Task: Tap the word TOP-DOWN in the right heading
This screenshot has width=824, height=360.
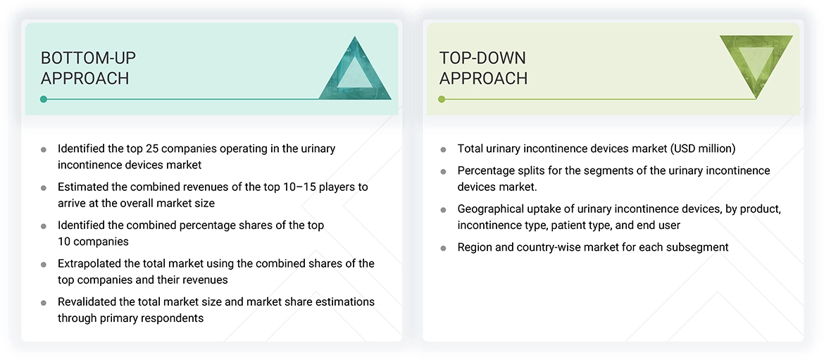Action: click(x=482, y=58)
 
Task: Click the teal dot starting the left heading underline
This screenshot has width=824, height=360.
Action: click(x=44, y=99)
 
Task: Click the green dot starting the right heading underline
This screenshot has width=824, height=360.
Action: click(x=442, y=99)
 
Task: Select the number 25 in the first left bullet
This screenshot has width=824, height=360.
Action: click(x=153, y=149)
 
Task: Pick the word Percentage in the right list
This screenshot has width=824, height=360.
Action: click(x=486, y=170)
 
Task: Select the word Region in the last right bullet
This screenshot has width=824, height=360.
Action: click(x=475, y=247)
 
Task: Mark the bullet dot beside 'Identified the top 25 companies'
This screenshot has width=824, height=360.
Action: click(x=44, y=149)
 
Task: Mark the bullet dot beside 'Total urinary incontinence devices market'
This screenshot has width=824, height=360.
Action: click(x=443, y=149)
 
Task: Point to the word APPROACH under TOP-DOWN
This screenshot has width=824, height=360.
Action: click(x=483, y=78)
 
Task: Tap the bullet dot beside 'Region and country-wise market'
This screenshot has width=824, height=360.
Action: click(x=443, y=248)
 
